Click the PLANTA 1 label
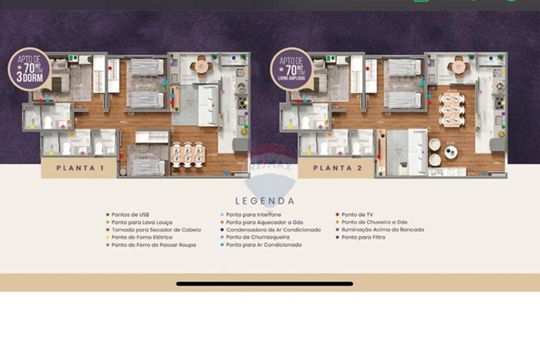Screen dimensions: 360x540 point(80,168)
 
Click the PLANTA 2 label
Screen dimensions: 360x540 point(336,168)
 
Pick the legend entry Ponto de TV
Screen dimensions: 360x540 point(357,214)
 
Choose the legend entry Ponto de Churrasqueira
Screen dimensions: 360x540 point(257,237)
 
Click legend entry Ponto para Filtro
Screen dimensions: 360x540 point(363,237)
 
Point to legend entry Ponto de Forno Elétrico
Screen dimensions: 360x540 point(141,237)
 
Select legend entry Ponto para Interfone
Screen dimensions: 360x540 point(253,214)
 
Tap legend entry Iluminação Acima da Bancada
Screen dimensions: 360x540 point(382,229)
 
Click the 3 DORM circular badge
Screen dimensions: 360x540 point(30,69)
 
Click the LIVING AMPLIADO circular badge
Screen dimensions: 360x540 point(292,69)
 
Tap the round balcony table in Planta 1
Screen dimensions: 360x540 point(202,67)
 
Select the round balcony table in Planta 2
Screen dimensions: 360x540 point(458,67)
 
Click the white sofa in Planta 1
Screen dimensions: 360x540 point(208,105)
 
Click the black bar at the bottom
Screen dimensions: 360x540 point(265,283)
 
